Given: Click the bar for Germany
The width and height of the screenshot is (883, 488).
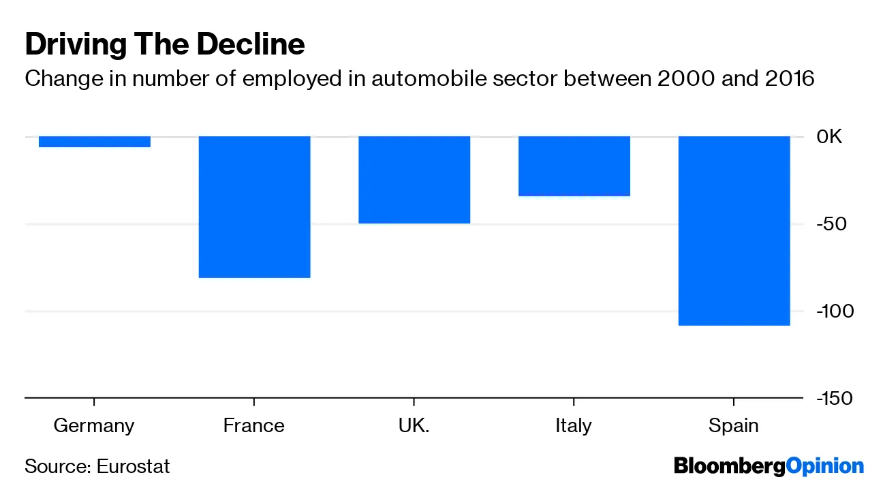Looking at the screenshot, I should tap(94, 142).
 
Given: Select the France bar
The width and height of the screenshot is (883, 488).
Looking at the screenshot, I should tap(254, 207).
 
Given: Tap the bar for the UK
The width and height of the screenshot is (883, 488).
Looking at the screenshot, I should tap(414, 180).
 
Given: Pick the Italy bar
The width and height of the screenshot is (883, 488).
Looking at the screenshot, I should tap(574, 166).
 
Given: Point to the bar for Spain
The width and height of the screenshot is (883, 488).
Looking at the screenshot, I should tap(734, 230).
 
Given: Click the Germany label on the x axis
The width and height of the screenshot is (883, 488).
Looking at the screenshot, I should tap(94, 426).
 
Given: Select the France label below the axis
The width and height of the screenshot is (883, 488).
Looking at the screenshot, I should tap(253, 426).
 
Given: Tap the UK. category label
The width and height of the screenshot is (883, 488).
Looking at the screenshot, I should tap(414, 426).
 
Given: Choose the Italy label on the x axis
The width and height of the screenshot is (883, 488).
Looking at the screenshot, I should tap(574, 426).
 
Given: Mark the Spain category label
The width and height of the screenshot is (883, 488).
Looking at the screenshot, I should tap(734, 426).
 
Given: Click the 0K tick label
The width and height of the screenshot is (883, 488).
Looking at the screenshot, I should tap(830, 137).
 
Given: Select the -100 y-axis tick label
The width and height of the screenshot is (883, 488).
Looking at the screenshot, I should tap(833, 311).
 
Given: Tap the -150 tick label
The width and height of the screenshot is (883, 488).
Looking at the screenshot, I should tap(833, 398).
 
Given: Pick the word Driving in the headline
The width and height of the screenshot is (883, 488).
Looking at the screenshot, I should tap(69, 45).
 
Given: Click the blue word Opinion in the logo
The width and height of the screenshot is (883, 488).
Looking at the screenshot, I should tap(825, 467).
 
